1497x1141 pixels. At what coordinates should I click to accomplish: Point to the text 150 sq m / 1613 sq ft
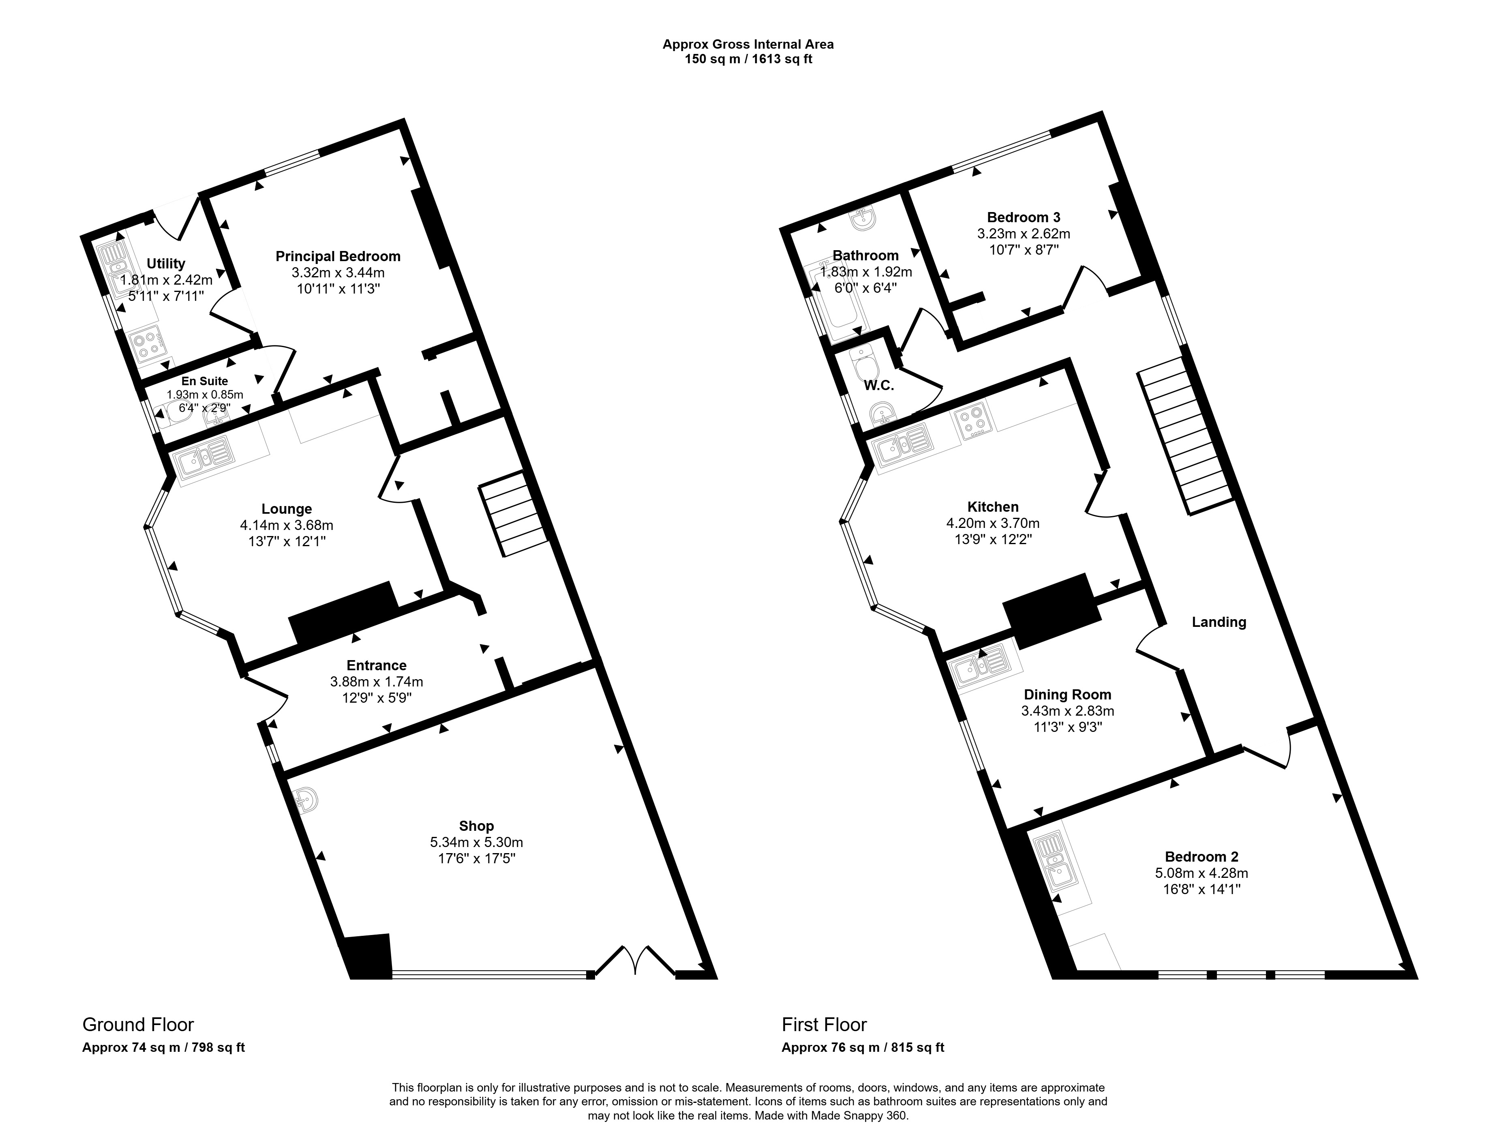coord(748,59)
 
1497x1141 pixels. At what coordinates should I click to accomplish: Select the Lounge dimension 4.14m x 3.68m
coord(287,525)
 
